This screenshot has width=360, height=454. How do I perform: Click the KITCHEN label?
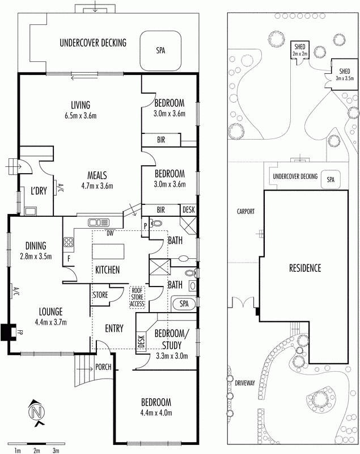pos(107,270)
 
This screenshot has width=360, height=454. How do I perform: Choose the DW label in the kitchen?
pos(110,232)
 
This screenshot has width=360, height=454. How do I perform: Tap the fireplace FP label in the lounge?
pos(19,331)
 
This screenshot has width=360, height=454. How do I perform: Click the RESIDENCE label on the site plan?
pos(305,268)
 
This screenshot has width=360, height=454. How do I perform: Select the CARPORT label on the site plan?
pos(247,211)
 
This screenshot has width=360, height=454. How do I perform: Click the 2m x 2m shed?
pos(299,49)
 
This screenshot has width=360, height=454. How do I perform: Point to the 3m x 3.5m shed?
pos(344,74)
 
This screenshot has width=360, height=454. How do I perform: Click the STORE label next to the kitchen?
pos(100,295)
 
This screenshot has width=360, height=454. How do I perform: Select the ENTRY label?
pos(115,329)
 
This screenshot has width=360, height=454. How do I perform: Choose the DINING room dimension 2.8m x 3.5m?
pos(35,256)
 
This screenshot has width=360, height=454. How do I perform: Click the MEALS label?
pos(98,175)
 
